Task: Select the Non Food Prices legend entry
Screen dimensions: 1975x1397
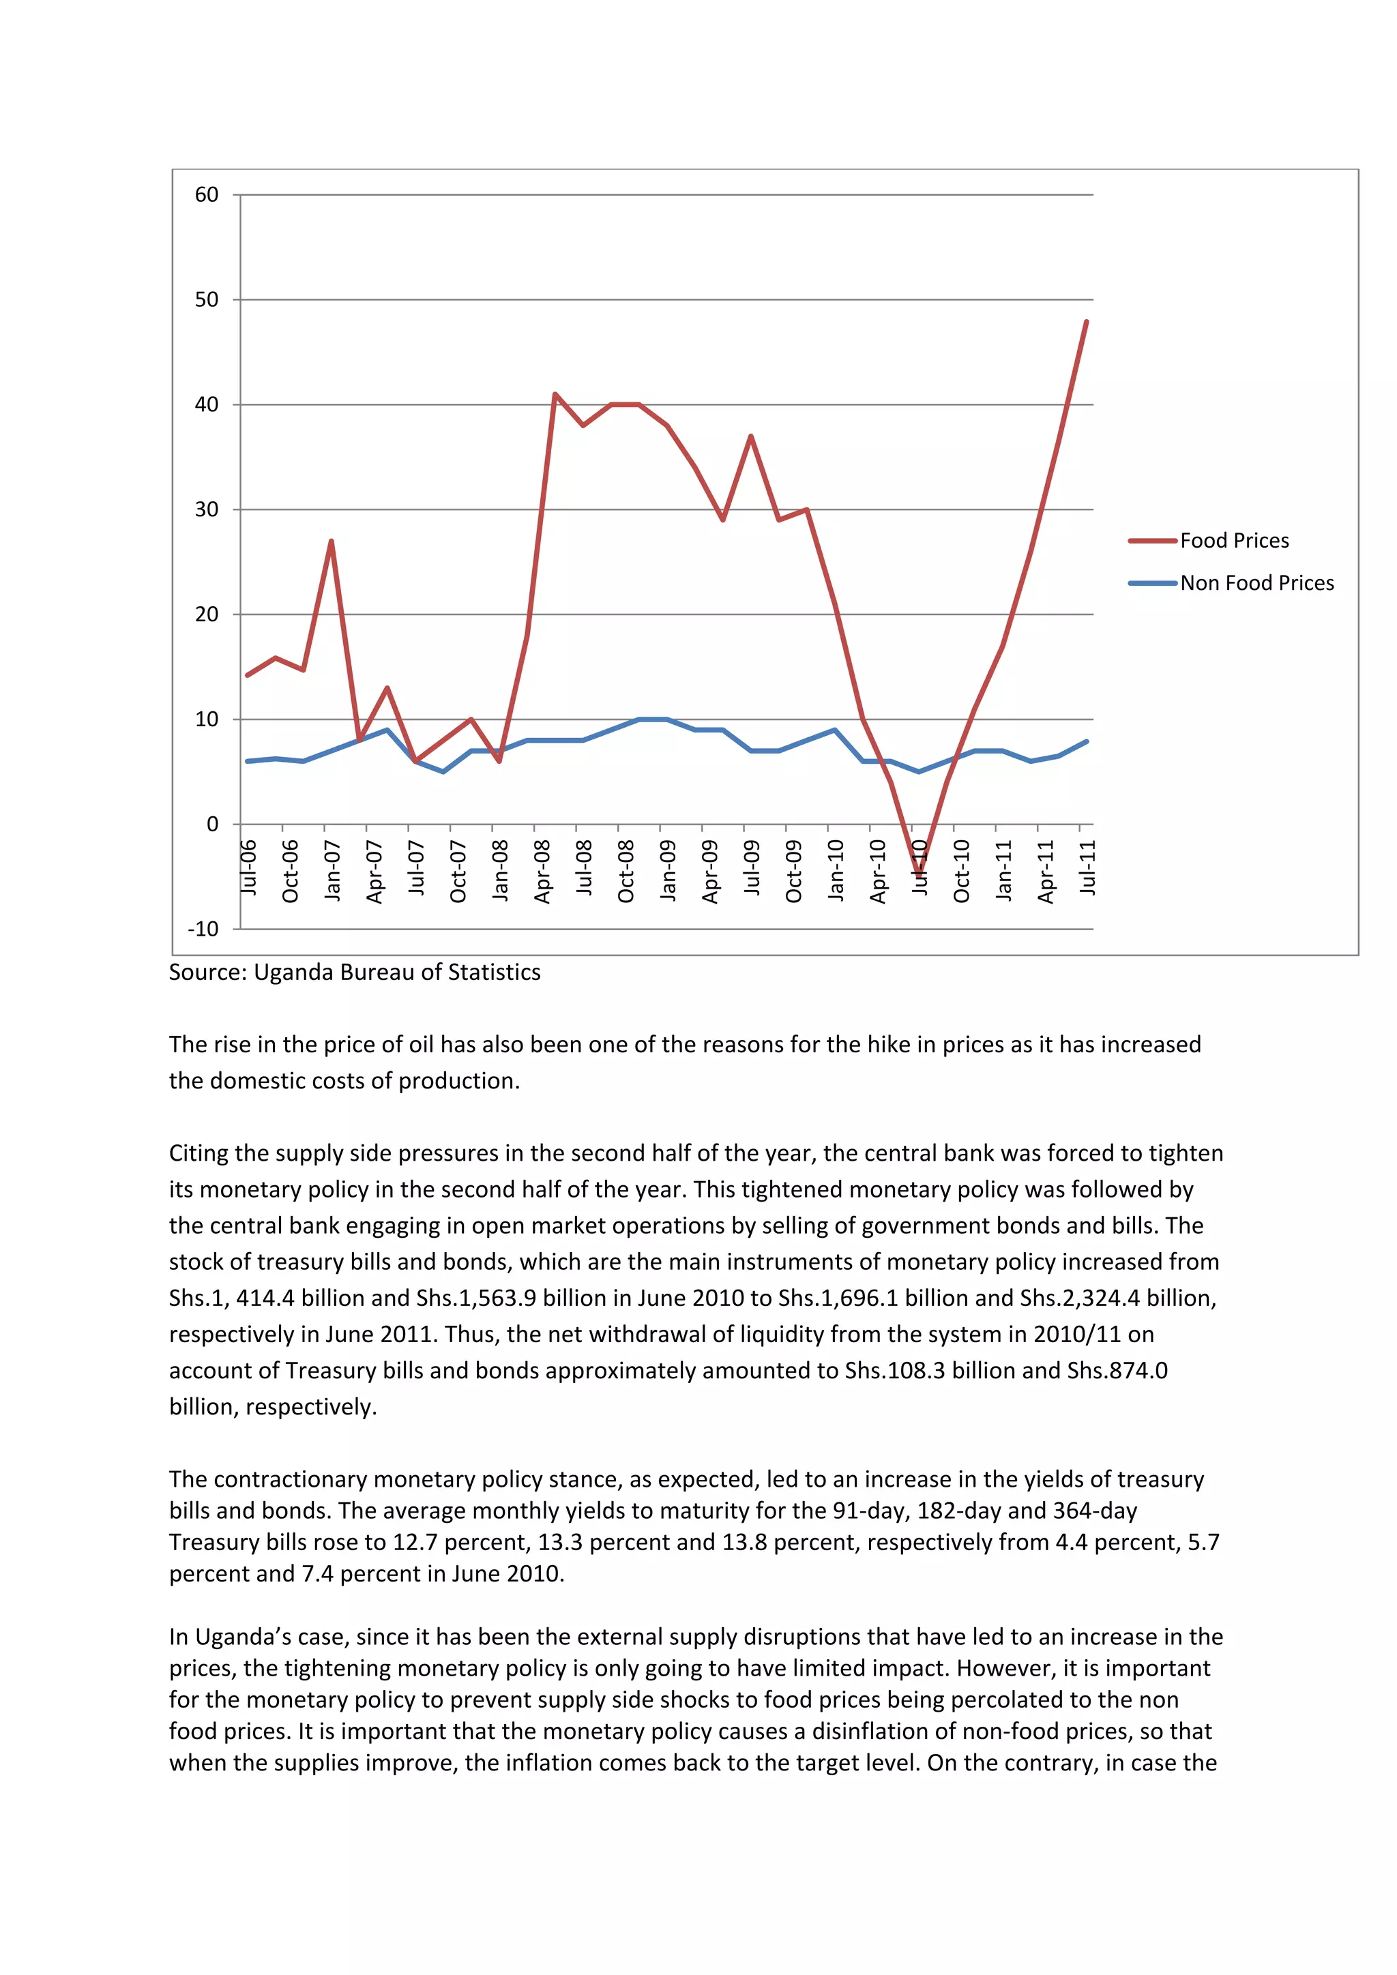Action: [x=1256, y=583]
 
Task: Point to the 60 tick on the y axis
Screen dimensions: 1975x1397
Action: [x=207, y=194]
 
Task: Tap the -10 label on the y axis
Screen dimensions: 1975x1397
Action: [x=203, y=929]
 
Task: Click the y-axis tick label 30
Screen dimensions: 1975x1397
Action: [x=207, y=509]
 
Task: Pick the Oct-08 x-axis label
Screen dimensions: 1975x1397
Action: [x=626, y=872]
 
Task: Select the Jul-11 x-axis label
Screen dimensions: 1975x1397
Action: [x=1087, y=868]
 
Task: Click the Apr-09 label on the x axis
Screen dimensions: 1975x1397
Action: [x=709, y=872]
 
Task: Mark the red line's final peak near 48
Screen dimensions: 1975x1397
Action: [x=1087, y=322]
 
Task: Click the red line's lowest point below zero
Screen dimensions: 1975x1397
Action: [x=919, y=875]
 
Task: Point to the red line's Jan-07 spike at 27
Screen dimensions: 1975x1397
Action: [x=332, y=541]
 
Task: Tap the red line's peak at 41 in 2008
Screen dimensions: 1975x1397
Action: [x=555, y=394]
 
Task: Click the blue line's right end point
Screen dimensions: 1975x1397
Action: [x=1087, y=741]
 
